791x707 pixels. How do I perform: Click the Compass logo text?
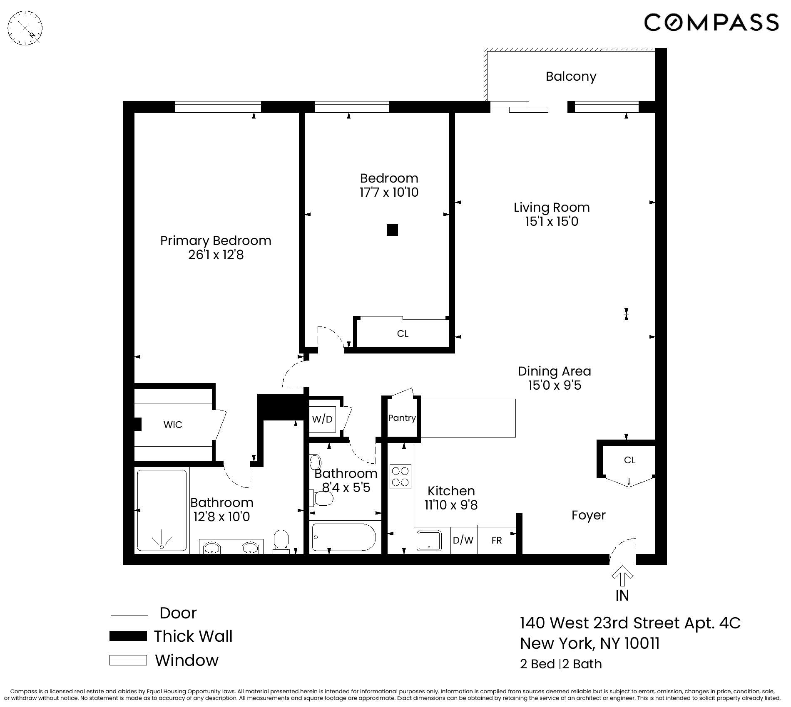pos(711,22)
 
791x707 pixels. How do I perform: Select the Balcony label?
pos(571,77)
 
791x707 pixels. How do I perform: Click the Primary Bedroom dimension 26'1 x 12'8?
pos(216,255)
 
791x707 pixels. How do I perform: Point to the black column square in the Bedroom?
pos(392,230)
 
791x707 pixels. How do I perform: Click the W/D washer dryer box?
pos(323,419)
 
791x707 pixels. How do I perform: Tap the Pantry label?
pos(402,418)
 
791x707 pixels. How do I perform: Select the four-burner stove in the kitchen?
pos(400,477)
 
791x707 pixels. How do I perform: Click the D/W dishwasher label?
pos(463,540)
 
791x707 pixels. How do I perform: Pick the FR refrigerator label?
pos(497,540)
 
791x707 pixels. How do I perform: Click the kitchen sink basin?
pos(429,541)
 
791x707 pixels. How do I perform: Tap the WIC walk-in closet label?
pos(173,425)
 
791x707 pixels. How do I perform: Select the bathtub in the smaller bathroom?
pos(343,537)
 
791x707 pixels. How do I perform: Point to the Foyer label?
pos(588,515)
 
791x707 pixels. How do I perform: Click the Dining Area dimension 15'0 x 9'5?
pos(555,386)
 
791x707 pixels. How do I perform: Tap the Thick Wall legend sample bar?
pos(128,636)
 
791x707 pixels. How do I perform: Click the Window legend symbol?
pos(128,660)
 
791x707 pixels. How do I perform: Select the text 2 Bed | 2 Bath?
pos(561,664)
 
